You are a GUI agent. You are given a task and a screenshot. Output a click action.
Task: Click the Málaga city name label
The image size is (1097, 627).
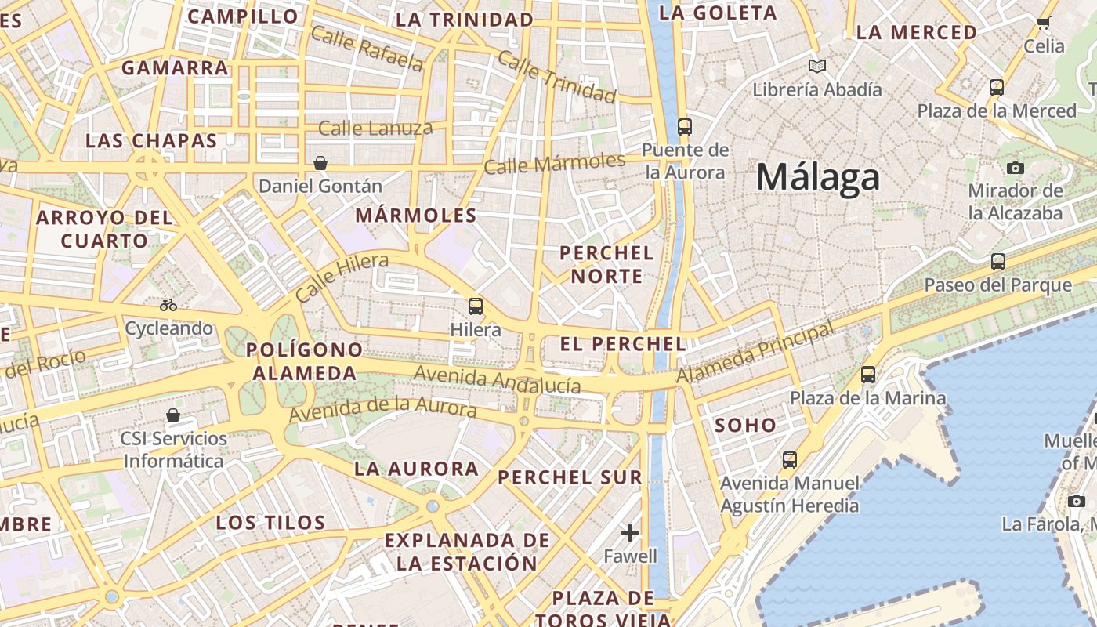click(818, 176)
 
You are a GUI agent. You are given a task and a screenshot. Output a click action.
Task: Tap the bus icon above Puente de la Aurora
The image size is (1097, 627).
click(684, 126)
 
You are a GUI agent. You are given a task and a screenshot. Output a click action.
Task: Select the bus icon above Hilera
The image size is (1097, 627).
click(476, 306)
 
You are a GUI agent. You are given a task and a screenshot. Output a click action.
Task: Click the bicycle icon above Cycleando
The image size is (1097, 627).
click(168, 305)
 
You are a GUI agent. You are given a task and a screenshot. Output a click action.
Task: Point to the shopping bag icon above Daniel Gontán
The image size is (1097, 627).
click(320, 163)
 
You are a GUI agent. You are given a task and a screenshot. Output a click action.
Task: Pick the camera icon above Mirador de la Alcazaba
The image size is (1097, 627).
click(1016, 168)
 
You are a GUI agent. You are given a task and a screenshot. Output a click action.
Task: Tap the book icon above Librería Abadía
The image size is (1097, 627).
click(817, 67)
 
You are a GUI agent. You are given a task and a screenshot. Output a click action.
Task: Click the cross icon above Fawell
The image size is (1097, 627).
click(630, 533)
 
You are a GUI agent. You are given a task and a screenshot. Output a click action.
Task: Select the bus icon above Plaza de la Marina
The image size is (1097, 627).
click(868, 375)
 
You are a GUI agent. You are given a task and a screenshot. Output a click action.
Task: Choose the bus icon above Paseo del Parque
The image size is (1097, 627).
click(997, 262)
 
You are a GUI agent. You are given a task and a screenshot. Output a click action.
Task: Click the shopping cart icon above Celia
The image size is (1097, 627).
click(1043, 24)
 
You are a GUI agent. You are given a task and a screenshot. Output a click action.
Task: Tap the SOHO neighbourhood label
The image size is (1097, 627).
click(745, 426)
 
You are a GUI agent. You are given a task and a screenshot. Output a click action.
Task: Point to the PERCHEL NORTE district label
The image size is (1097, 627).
click(606, 264)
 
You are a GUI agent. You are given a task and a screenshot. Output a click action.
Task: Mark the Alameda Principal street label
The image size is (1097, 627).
click(755, 353)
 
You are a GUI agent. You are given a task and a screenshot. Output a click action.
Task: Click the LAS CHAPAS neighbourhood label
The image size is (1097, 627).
click(151, 141)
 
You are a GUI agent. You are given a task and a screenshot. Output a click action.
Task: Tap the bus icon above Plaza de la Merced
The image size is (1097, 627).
click(997, 87)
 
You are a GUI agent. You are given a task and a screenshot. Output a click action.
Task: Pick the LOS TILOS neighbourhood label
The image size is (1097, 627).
click(270, 523)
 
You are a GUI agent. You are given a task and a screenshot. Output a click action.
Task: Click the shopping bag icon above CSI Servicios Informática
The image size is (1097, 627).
click(173, 415)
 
